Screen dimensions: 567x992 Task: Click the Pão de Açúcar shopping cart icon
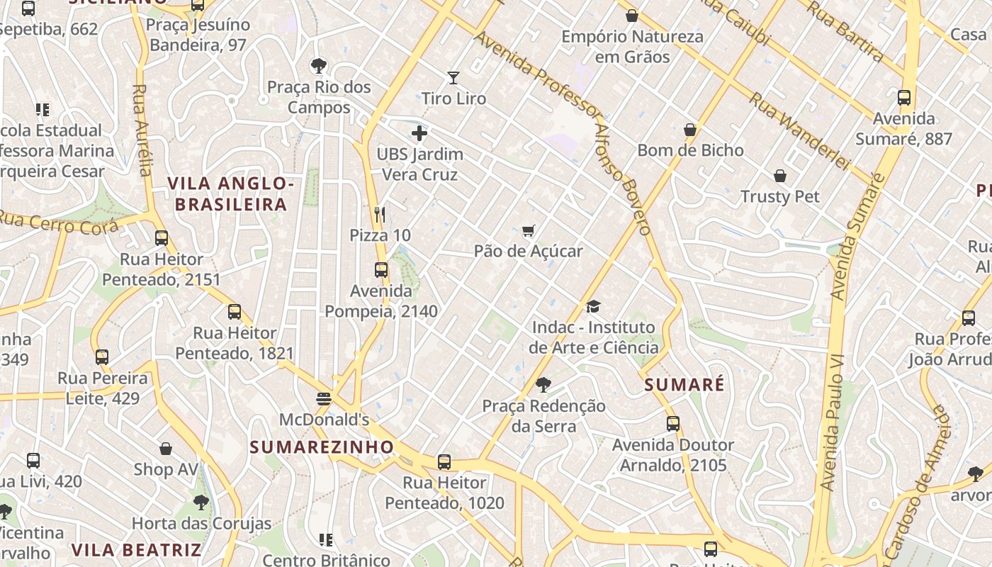pyautogui.click(x=528, y=230)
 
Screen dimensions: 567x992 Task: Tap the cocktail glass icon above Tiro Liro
pyautogui.click(x=453, y=77)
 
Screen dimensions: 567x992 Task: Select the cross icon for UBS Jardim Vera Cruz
pyautogui.click(x=419, y=133)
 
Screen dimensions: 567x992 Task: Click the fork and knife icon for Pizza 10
pyautogui.click(x=380, y=214)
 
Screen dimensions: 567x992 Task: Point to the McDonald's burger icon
pyautogui.click(x=324, y=398)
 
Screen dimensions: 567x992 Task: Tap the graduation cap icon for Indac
pyautogui.click(x=593, y=306)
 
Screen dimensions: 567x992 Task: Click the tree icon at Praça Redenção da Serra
pyautogui.click(x=543, y=385)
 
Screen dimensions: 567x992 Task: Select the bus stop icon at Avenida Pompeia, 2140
pyautogui.click(x=381, y=270)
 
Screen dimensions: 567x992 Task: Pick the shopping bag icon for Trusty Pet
pyautogui.click(x=780, y=175)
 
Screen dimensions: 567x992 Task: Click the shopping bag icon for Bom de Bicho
pyautogui.click(x=690, y=130)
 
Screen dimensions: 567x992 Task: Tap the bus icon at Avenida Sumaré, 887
pyautogui.click(x=904, y=98)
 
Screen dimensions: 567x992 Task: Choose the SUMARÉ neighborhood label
pyautogui.click(x=684, y=385)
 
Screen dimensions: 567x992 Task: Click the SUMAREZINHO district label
pyautogui.click(x=322, y=447)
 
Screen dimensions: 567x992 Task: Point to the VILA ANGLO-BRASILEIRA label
pyautogui.click(x=231, y=194)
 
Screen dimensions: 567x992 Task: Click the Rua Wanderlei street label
pyautogui.click(x=799, y=131)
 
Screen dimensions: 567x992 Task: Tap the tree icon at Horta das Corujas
pyautogui.click(x=201, y=503)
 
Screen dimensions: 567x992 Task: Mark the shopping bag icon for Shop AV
pyautogui.click(x=166, y=449)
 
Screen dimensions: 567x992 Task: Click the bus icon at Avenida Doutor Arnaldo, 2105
pyautogui.click(x=673, y=424)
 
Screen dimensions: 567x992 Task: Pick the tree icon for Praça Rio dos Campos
pyautogui.click(x=319, y=66)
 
